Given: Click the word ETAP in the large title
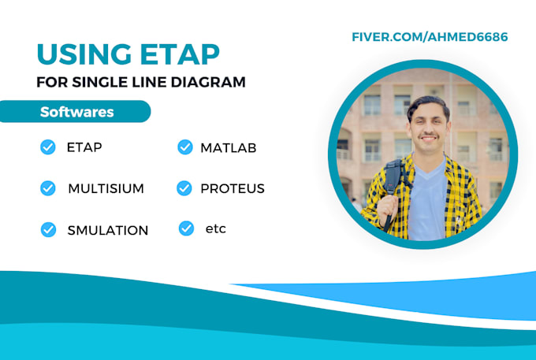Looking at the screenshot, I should coord(175,54).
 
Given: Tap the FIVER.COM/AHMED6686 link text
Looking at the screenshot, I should coord(430,37).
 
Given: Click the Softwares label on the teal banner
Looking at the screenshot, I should coord(76,112).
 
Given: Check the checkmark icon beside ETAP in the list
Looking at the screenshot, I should coord(47,147).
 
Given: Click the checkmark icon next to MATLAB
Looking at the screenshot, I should coord(185,147).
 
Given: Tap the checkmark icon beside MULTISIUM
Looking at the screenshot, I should coord(47,188).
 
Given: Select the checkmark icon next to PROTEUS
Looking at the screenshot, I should coord(184,188).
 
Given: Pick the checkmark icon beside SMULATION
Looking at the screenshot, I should coord(48,229).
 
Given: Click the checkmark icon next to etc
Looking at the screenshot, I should coord(186,228).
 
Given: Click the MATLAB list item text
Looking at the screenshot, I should coord(228,147).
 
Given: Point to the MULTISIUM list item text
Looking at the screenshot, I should coord(106,189).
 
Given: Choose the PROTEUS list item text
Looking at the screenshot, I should coord(232,188).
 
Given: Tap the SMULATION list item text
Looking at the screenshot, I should coord(107,230).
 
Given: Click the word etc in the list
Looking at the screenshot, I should coord(214,228).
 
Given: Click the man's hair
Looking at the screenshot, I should coord(427,105).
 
